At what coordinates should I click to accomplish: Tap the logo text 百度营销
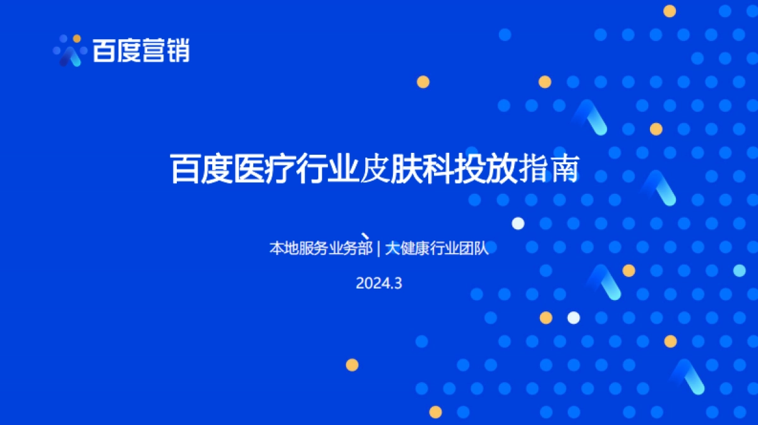141,51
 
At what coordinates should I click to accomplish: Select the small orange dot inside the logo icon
77,39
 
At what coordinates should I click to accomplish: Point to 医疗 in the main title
265,170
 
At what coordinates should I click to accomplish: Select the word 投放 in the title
486,170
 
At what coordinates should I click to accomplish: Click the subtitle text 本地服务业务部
321,248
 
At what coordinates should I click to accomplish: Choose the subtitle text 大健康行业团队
437,248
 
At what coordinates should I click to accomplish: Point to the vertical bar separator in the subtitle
378,248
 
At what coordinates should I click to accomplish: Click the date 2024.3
379,284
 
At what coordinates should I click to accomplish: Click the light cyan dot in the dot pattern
739,271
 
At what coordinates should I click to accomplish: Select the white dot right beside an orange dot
574,318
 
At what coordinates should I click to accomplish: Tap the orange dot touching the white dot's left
546,318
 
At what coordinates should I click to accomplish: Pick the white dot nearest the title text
518,223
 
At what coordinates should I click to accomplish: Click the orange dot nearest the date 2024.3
352,364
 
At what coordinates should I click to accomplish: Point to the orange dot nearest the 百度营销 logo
423,81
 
